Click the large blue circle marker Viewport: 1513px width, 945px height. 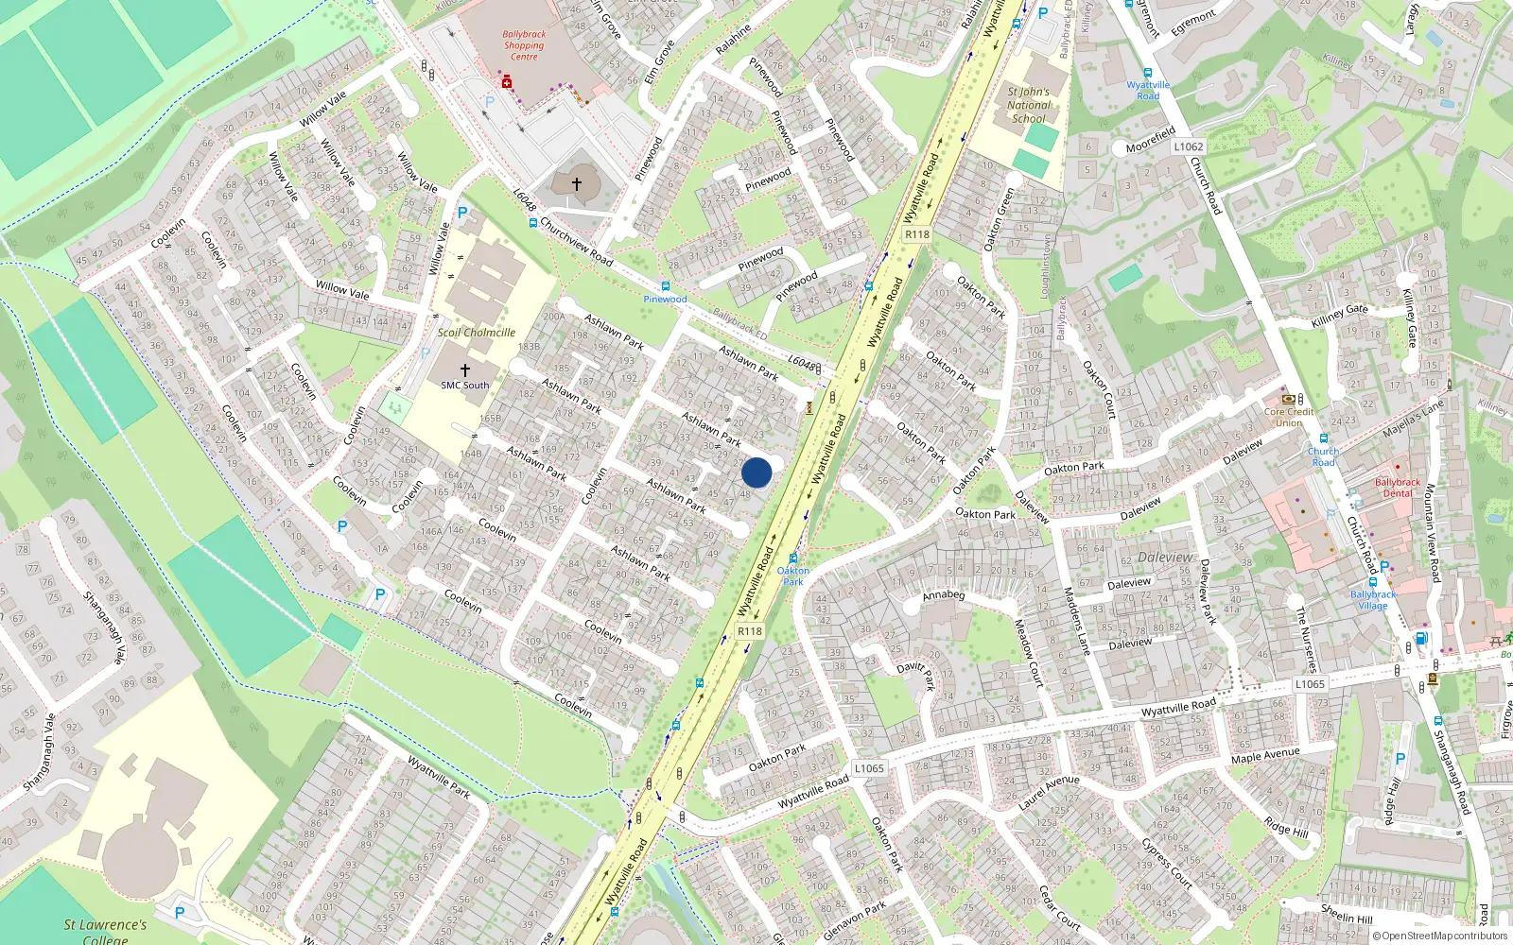pyautogui.click(x=756, y=472)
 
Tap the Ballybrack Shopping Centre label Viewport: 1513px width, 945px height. pyautogui.click(x=524, y=44)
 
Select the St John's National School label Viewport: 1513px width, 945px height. pyautogui.click(x=1028, y=105)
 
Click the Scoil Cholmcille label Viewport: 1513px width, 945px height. pyautogui.click(x=476, y=333)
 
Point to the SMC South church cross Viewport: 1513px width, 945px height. pyautogui.click(x=464, y=370)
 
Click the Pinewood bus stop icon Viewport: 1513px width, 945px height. pyautogui.click(x=665, y=285)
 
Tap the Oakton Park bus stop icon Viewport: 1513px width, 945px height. pyautogui.click(x=792, y=558)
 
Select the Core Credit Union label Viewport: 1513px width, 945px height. pyautogui.click(x=1288, y=417)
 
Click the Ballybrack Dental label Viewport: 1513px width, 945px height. pyautogui.click(x=1398, y=488)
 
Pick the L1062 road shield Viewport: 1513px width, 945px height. pyautogui.click(x=1189, y=146)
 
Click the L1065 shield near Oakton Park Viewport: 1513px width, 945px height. pyautogui.click(x=869, y=768)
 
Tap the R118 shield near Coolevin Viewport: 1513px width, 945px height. pyautogui.click(x=749, y=631)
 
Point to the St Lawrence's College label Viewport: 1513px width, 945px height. pyautogui.click(x=105, y=931)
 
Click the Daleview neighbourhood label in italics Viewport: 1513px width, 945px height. pyautogui.click(x=1165, y=558)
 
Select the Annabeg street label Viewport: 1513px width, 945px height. pyautogui.click(x=943, y=595)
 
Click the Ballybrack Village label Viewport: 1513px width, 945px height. pyautogui.click(x=1373, y=600)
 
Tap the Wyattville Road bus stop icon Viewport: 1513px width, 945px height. pyautogui.click(x=1147, y=73)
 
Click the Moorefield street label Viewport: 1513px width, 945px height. pyautogui.click(x=1150, y=140)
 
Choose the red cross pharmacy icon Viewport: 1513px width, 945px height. pyautogui.click(x=507, y=83)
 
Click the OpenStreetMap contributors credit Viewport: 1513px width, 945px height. pyautogui.click(x=1444, y=936)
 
